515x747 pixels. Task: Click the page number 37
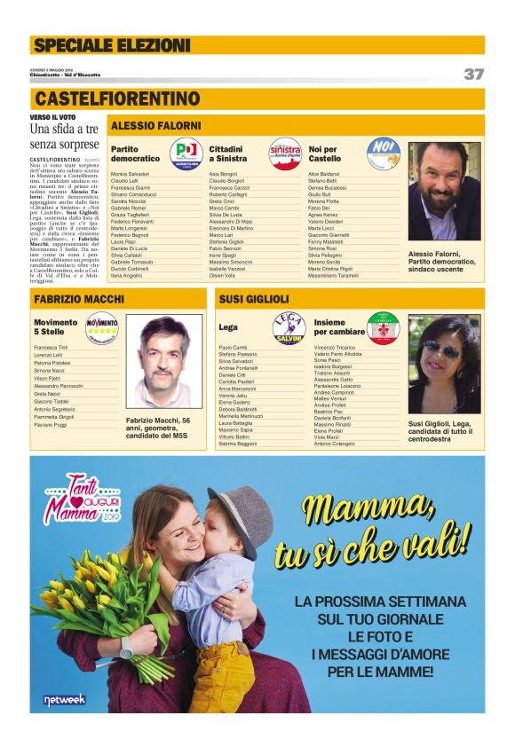[473, 74]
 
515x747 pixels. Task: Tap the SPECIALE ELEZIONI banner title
[111, 45]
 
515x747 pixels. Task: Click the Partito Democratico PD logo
[186, 152]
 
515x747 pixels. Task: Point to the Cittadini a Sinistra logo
[284, 152]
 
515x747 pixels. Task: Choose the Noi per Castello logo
[383, 152]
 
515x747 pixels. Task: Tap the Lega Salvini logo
[289, 327]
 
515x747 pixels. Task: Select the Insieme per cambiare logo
[384, 327]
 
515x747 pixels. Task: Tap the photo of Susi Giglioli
[443, 364]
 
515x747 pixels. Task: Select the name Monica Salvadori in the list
[131, 174]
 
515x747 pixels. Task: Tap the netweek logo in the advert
[65, 700]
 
